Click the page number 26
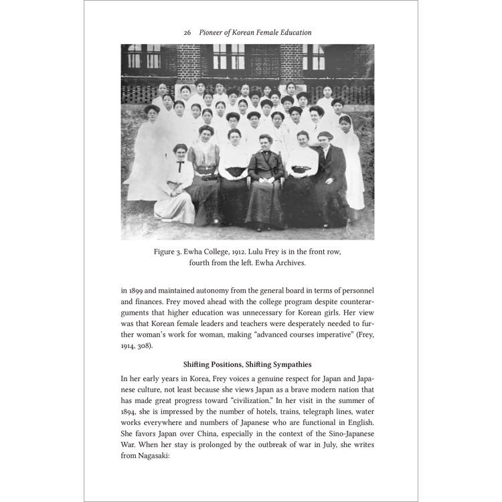tap(188, 32)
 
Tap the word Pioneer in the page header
tap(216, 32)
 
